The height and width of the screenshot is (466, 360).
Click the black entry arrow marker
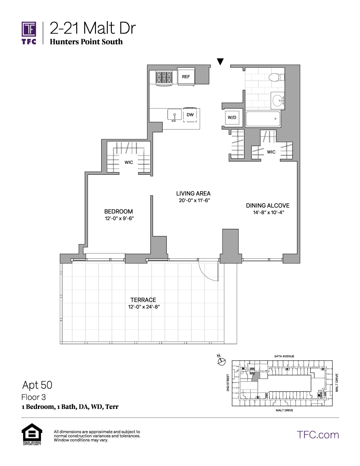[220, 61]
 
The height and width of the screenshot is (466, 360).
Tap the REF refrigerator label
[186, 76]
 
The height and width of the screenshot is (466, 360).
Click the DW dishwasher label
[190, 114]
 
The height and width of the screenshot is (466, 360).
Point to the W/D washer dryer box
[232, 117]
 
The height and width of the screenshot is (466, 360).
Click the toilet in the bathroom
[276, 77]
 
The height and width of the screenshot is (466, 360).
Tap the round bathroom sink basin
[277, 100]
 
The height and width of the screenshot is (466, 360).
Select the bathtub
[263, 119]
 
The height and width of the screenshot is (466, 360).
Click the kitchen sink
[174, 114]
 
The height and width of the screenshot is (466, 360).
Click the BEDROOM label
[118, 212]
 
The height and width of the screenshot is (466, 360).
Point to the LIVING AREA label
[193, 194]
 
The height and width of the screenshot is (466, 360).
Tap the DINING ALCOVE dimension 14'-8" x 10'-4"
[268, 212]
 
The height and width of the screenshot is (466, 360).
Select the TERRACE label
[143, 300]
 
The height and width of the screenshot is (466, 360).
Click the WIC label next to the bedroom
[129, 162]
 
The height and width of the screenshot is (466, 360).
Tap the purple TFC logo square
[29, 29]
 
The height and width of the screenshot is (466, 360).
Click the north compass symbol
[221, 362]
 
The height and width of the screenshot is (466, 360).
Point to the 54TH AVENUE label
[284, 356]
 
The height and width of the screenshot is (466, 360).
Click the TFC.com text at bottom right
[318, 435]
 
